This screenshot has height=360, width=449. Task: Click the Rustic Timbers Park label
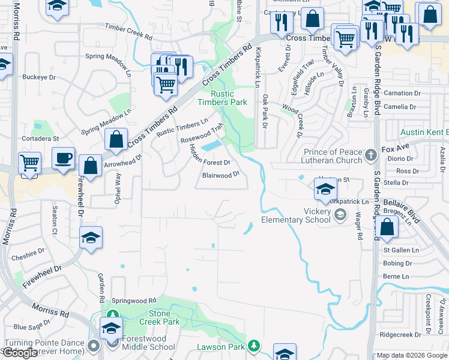(222, 98)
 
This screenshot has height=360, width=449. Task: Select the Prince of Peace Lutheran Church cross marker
(371, 155)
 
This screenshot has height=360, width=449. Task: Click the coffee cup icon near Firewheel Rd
(63, 158)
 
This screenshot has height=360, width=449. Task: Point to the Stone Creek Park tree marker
(112, 314)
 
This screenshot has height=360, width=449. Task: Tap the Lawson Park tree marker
(255, 346)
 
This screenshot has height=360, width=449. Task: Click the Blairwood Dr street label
(221, 175)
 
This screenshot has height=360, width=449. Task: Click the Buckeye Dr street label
(38, 77)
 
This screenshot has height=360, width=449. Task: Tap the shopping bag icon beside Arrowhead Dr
(90, 166)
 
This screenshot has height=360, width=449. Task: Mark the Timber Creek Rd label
(129, 32)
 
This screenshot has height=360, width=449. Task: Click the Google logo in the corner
(20, 353)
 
